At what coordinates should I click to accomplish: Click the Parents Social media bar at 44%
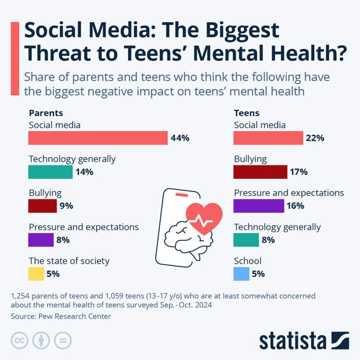[x=98, y=138]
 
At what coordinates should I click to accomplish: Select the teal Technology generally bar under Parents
[x=50, y=172]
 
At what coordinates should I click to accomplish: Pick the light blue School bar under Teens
[x=241, y=273]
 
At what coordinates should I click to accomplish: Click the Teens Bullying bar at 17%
[x=260, y=172]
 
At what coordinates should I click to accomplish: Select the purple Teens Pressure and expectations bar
[x=258, y=206]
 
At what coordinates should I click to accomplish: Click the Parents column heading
[x=45, y=113]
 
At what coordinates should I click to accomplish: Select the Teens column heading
[x=246, y=113]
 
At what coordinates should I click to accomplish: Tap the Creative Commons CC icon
[x=20, y=341]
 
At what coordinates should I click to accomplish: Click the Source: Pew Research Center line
[x=60, y=316]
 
